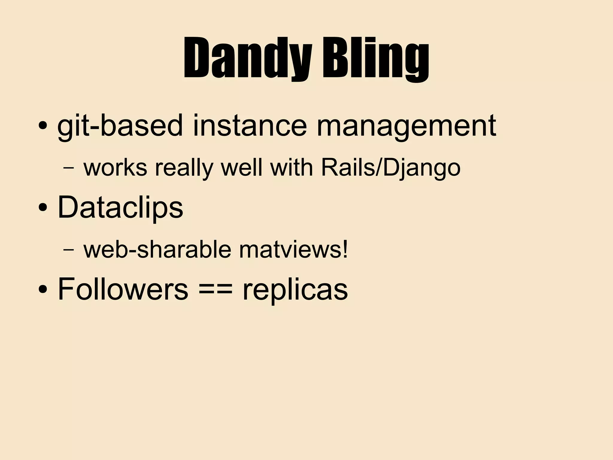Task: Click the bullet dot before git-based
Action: pyautogui.click(x=43, y=126)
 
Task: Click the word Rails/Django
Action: pyautogui.click(x=391, y=168)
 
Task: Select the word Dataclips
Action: pyautogui.click(x=120, y=207)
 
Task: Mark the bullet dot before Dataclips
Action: pyautogui.click(x=43, y=207)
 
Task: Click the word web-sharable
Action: pyautogui.click(x=157, y=250)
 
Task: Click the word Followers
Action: pyautogui.click(x=123, y=289)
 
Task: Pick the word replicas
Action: pyautogui.click(x=295, y=290)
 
